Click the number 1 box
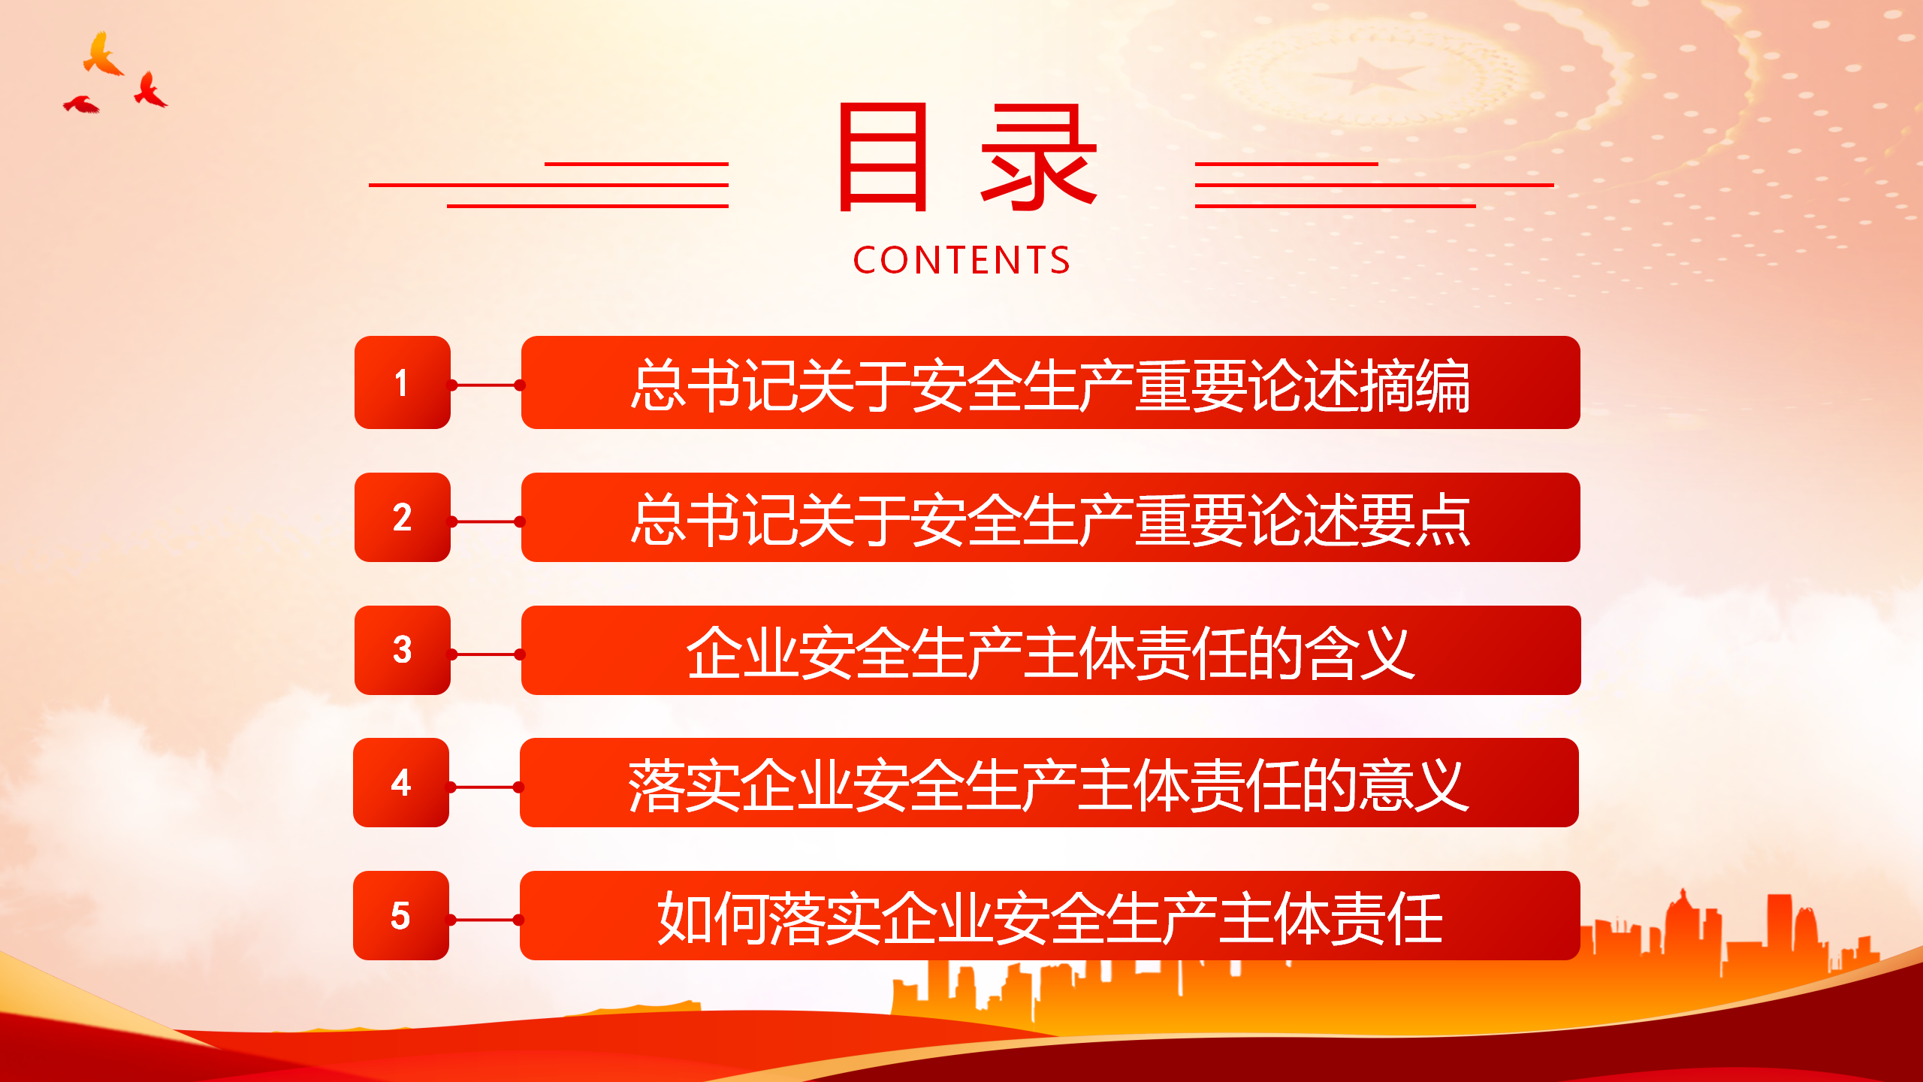coord(403,382)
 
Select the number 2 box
coord(403,517)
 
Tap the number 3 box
coord(403,650)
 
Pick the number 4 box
coord(401,782)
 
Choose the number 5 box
coord(401,915)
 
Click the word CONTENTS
coord(961,260)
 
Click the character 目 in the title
coord(883,158)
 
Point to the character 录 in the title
coord(1040,158)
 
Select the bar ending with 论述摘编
coord(1051,382)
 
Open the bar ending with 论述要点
coord(1051,517)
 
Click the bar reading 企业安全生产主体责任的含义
coord(1051,650)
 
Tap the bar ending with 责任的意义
coord(1049,782)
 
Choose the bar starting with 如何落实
coord(1049,915)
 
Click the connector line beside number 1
coord(486,385)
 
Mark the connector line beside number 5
coord(485,920)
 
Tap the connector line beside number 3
coord(486,654)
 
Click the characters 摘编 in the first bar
coord(1414,385)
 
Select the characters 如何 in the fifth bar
coord(713,918)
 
